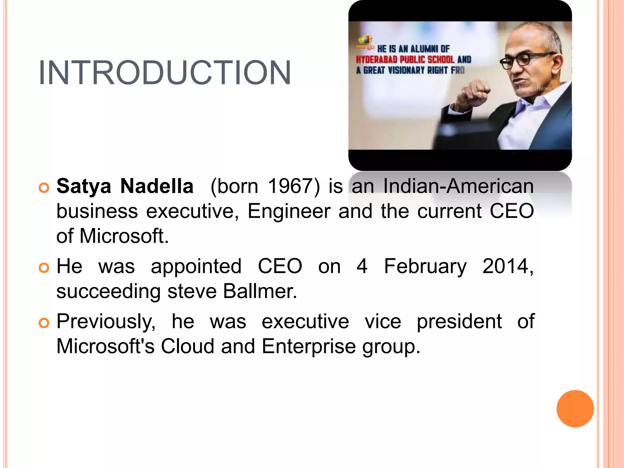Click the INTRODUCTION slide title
click(x=165, y=73)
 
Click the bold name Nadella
click(x=157, y=186)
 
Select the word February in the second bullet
click(x=425, y=266)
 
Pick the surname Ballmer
click(x=260, y=291)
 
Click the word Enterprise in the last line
click(x=308, y=347)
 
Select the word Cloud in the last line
click(x=187, y=347)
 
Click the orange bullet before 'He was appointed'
click(x=44, y=268)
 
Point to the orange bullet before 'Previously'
click(x=44, y=323)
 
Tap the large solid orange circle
click(x=575, y=409)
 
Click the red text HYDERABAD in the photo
click(x=377, y=59)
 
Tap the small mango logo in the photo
click(x=365, y=41)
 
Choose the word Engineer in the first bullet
click(x=289, y=211)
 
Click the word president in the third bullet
click(x=459, y=322)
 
